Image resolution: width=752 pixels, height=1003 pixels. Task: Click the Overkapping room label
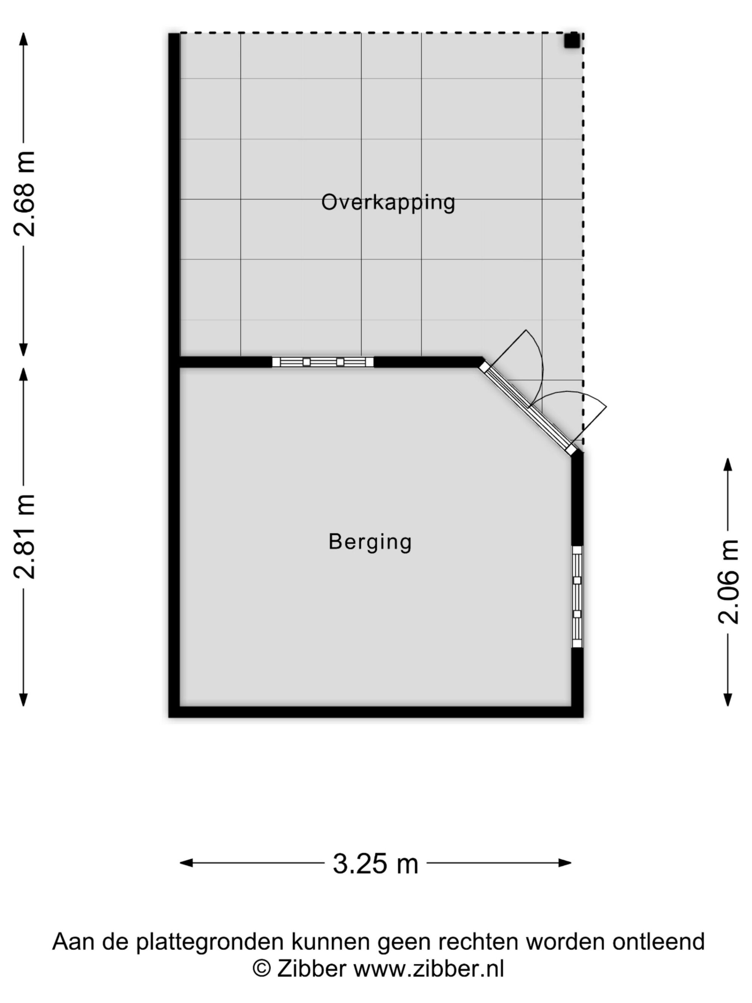pyautogui.click(x=388, y=202)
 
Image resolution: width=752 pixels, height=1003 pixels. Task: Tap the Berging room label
pyautogui.click(x=370, y=542)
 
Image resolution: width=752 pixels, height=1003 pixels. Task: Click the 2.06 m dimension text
pyautogui.click(x=728, y=582)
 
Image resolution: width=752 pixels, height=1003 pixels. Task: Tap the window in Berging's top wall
pyautogui.click(x=323, y=362)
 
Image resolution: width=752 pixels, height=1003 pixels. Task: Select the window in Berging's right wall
pyautogui.click(x=577, y=597)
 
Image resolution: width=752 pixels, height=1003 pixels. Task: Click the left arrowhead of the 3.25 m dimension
pyautogui.click(x=186, y=863)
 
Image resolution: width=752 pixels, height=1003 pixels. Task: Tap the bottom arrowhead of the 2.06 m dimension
pyautogui.click(x=728, y=700)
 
